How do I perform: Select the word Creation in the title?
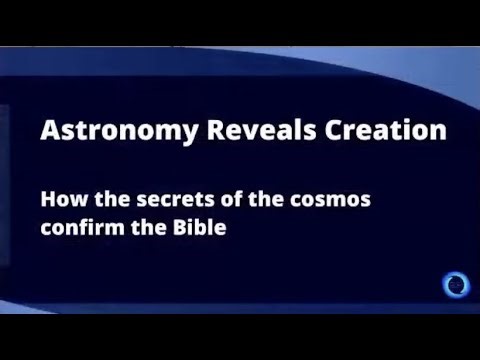[342, 131]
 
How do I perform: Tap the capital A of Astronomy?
[47, 131]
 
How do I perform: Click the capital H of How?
[47, 198]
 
